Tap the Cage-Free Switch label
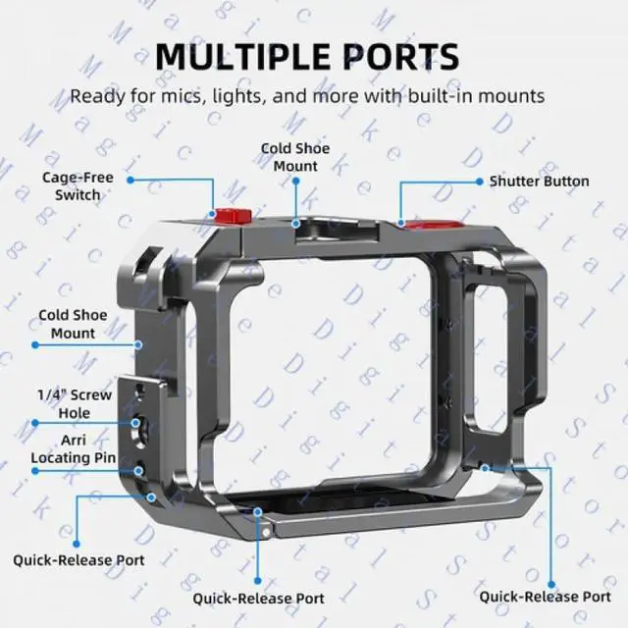coord(78,186)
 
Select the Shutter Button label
coord(539,181)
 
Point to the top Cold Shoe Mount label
coord(294,157)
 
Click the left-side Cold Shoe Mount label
coord(74,325)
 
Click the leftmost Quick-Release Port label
coord(78,559)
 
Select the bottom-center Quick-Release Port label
coord(258,597)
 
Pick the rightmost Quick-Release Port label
coord(545,596)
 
